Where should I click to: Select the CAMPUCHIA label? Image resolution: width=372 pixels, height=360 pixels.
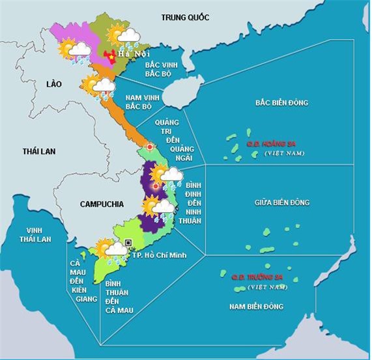point(102,204)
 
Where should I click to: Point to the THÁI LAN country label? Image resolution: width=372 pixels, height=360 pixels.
point(39,151)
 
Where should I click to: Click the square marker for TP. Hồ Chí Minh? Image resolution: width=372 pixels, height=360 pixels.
point(128,243)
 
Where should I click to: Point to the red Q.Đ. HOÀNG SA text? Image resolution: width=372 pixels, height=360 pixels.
point(270,144)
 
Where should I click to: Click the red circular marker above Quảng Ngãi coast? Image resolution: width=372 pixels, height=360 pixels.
point(150,147)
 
